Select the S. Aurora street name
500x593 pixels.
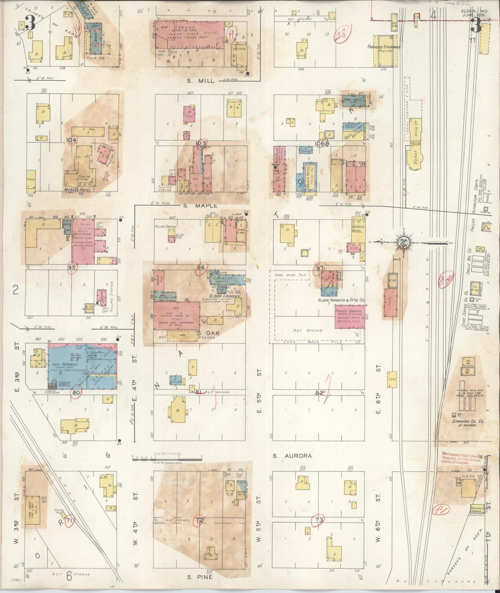[x=292, y=456]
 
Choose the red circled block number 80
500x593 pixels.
[x=76, y=392]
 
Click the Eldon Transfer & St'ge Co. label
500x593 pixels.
[x=342, y=301]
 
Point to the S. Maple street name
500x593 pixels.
[x=194, y=206]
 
